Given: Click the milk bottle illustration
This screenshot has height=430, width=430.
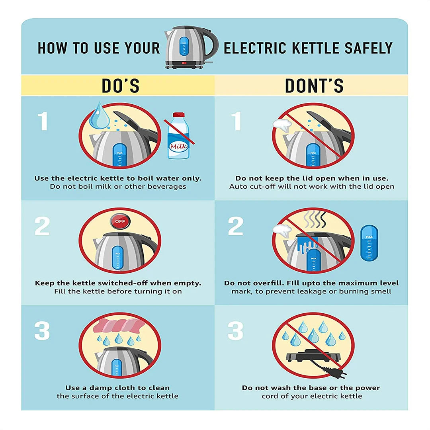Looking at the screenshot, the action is [x=178, y=136].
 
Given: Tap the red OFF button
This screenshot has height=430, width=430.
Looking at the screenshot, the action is [x=120, y=221].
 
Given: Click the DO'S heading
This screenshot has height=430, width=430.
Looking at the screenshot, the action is [x=120, y=86].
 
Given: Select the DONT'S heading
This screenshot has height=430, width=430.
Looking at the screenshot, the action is [x=314, y=86].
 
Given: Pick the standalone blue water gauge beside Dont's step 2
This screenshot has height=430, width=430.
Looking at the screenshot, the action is [x=369, y=243].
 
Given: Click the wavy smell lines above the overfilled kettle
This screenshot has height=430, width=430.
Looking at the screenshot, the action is [x=315, y=219].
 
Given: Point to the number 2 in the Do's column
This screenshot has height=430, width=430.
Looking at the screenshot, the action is [x=42, y=226].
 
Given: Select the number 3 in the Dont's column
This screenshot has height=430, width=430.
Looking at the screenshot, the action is [x=235, y=331].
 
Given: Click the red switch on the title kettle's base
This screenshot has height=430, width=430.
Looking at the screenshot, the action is [x=184, y=63].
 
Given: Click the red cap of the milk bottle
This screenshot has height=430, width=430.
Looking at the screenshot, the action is [x=178, y=115].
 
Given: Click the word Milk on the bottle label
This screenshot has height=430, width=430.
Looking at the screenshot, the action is [x=178, y=146].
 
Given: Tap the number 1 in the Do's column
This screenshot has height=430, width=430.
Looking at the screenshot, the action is [x=43, y=121].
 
